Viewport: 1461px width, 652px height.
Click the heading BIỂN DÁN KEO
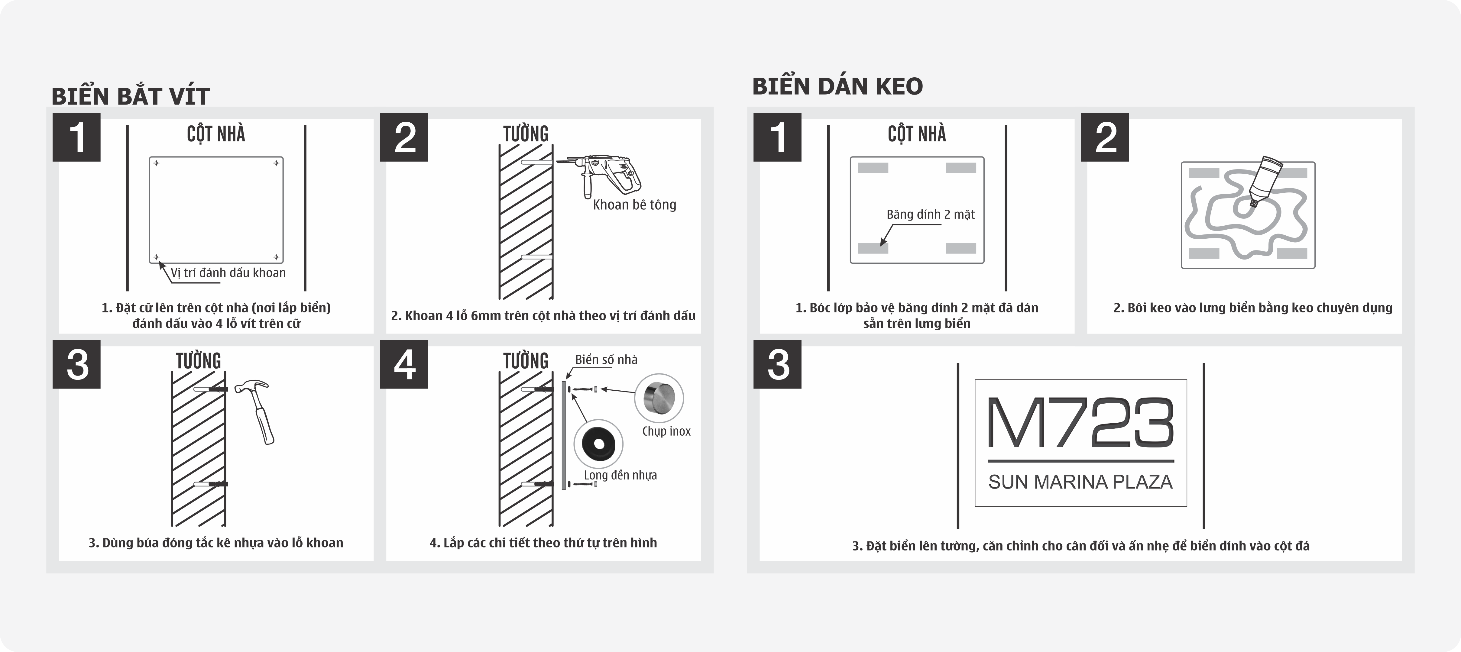pos(837,86)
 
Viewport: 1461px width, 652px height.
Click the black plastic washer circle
pos(598,444)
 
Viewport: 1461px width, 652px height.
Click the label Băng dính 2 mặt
pos(930,214)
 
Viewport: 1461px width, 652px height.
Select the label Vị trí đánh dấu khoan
pos(228,273)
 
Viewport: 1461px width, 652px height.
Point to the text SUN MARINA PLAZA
pos(1080,482)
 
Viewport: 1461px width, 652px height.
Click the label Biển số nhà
pos(606,360)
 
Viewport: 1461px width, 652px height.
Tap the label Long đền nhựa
pos(620,475)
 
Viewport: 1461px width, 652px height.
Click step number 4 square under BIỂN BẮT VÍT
pos(404,364)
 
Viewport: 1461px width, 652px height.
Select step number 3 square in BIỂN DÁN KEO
pos(777,364)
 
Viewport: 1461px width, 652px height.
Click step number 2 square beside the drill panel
pos(404,137)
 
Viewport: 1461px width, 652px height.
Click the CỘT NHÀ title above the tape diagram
pos(917,134)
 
